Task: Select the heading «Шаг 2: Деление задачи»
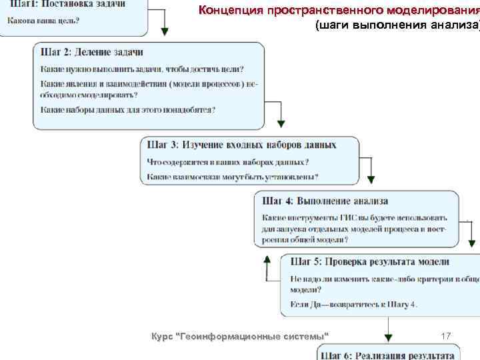(92, 52)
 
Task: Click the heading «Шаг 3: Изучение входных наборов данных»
(241, 145)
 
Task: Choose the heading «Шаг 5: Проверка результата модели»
(369, 262)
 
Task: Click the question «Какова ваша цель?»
(43, 19)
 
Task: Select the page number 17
(446, 334)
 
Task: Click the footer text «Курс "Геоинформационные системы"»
(241, 335)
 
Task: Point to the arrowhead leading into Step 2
(165, 31)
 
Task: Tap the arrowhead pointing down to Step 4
(371, 179)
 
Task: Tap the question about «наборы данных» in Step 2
(132, 109)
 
